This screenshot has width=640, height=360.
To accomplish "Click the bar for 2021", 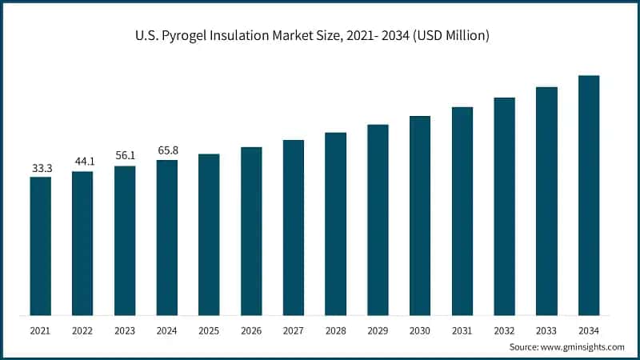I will click(40, 246).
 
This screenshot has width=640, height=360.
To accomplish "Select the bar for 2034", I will click(589, 195).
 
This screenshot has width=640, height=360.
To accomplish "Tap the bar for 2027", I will click(294, 227).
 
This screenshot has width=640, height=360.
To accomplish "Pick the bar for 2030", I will click(420, 215).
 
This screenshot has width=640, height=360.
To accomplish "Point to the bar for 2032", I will click(504, 206).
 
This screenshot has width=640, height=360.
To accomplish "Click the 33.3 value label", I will click(42, 168).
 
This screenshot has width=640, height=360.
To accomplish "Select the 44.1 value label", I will click(82, 162).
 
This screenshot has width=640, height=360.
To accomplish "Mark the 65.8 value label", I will click(166, 150).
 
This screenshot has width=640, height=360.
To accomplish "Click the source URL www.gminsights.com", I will click(583, 347).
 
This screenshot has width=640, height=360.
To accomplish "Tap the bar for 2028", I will click(335, 223).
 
